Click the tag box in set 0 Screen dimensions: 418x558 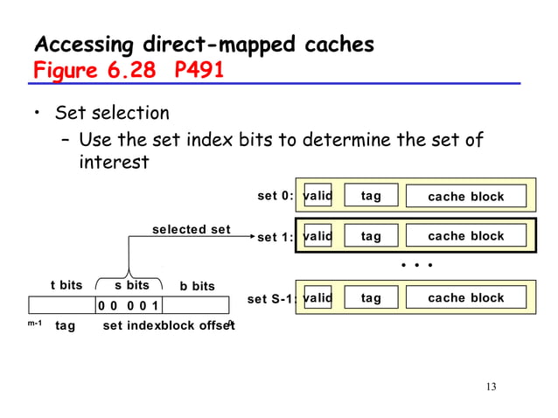(371, 196)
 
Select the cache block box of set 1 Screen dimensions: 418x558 (465, 236)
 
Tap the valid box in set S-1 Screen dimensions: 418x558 (317, 298)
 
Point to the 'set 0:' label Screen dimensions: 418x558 (275, 196)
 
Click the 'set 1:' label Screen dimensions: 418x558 (275, 237)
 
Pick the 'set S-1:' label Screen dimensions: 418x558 (271, 299)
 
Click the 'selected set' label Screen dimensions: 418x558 (192, 230)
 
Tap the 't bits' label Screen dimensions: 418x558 (66, 285)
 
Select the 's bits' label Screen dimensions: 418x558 (132, 285)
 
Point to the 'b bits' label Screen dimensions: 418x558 (197, 286)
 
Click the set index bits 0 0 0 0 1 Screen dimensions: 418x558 (128, 305)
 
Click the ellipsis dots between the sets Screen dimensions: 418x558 (417, 263)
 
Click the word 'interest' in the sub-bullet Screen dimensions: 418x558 (114, 163)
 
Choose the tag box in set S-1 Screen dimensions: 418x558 (371, 298)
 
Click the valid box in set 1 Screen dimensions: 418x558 (317, 236)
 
